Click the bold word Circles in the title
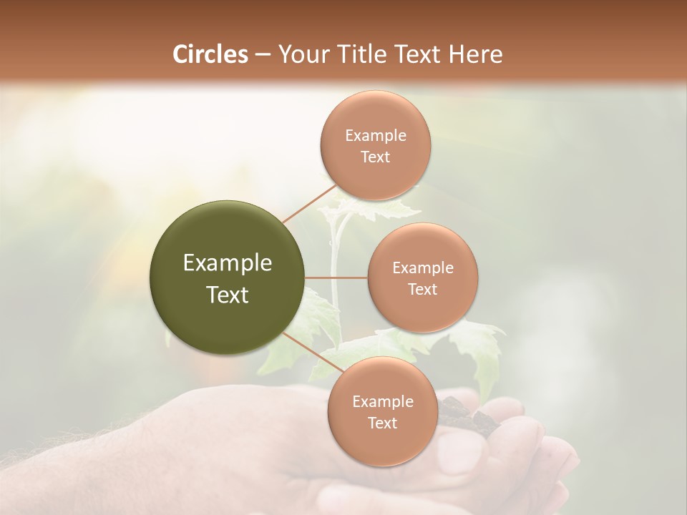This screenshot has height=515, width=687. (210, 54)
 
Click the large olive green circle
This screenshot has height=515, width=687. (227, 278)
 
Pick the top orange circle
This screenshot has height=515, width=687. (375, 146)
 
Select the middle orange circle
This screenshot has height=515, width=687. (422, 278)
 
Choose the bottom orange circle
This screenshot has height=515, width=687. (382, 412)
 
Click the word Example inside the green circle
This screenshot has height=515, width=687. (227, 263)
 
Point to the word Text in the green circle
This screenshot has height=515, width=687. (227, 295)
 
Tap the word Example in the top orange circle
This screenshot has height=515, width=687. (375, 136)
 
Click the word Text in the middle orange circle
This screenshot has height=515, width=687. (422, 289)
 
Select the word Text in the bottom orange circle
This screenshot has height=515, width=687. (382, 423)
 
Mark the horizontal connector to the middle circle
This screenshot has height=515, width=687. (336, 278)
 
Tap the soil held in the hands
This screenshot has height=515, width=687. (458, 415)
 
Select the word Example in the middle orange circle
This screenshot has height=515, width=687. (422, 268)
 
